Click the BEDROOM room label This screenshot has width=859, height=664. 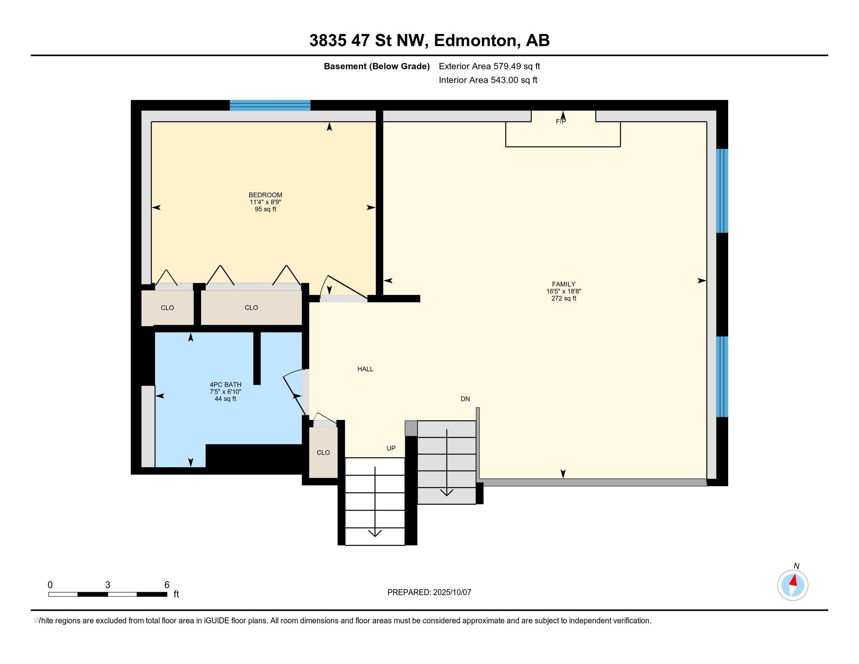point(265,195)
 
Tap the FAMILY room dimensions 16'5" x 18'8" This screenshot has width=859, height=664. point(563,291)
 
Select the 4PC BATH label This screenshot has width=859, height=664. point(225,385)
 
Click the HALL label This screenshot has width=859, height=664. point(365,369)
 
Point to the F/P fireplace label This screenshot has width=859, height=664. point(560,122)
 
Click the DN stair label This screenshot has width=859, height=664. point(465,399)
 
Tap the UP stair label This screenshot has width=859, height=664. point(390,448)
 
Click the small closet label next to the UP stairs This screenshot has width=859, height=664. point(323,453)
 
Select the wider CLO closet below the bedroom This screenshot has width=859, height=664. point(251,308)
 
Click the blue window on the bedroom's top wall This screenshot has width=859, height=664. point(270,105)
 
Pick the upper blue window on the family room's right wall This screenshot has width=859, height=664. point(722,191)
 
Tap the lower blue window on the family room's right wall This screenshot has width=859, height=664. point(722,377)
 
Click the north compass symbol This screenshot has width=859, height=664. point(793,585)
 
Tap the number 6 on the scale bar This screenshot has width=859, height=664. point(167,585)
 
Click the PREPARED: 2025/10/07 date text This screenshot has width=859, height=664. point(429,593)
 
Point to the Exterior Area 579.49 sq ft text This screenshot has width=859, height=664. point(489,66)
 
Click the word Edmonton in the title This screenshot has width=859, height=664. point(475,41)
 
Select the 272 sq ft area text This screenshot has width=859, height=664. point(563,298)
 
